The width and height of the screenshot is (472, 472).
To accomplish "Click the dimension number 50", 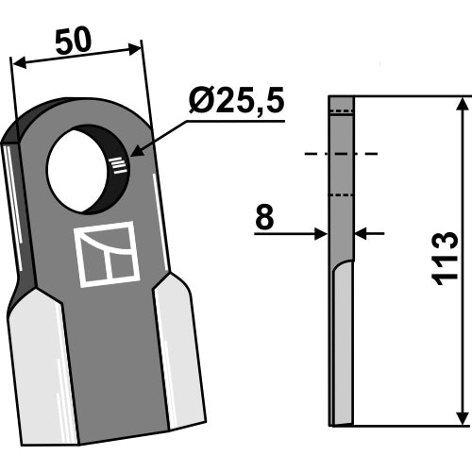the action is tap(74, 41).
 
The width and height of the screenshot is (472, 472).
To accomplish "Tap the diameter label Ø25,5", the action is tap(237, 100).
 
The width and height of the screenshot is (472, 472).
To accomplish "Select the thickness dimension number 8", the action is tap(264, 217).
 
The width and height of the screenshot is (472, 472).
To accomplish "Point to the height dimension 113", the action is tap(445, 259).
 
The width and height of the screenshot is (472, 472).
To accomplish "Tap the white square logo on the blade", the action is tap(107, 254).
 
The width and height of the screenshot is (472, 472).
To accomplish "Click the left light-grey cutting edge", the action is tap(42, 366).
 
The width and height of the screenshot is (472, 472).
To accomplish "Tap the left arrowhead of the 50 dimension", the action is tap(19, 63).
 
